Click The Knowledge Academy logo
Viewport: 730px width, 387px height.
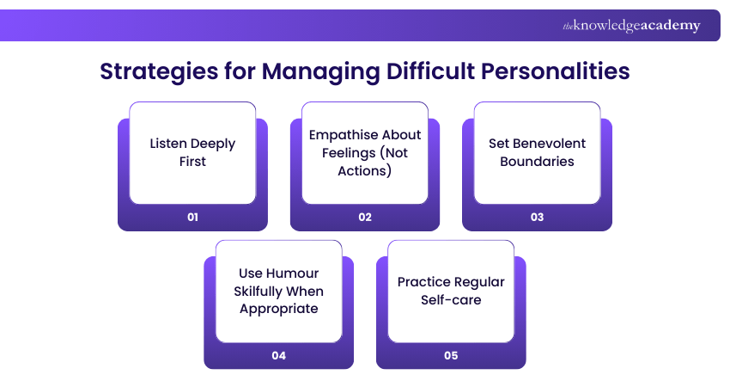(x=631, y=26)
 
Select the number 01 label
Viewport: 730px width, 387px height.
(x=192, y=217)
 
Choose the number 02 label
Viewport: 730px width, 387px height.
(x=365, y=217)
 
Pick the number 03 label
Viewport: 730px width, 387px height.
(x=537, y=217)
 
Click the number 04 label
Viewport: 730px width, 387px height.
(x=278, y=355)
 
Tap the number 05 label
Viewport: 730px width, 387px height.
(x=451, y=355)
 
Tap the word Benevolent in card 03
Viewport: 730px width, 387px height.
(x=549, y=144)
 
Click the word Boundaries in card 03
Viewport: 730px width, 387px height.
(x=537, y=161)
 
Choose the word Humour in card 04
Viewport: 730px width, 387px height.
(x=295, y=273)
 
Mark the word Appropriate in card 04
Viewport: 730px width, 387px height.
(x=278, y=308)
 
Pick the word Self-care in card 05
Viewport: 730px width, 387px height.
(x=451, y=299)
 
